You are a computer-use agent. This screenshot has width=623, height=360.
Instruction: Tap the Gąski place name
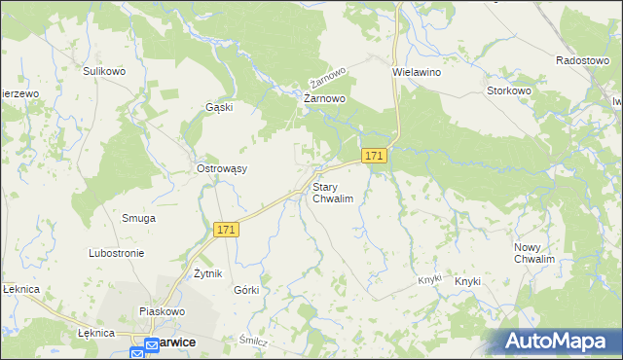(219, 107)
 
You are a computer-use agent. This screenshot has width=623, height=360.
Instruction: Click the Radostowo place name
(581, 59)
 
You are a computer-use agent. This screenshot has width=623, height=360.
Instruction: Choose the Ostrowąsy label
(222, 168)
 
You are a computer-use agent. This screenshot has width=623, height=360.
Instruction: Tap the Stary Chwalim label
(332, 192)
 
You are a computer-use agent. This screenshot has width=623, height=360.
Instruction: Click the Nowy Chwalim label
(534, 254)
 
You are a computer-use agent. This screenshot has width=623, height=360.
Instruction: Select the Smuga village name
(138, 218)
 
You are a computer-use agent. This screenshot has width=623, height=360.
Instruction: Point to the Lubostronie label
(117, 253)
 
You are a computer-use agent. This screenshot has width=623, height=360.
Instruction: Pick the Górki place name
(246, 290)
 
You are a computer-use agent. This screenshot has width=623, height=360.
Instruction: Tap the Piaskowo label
(162, 311)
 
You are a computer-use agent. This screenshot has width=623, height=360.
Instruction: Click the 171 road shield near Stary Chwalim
(375, 156)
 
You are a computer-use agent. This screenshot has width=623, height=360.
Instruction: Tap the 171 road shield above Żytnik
(226, 230)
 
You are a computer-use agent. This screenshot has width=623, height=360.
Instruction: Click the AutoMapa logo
(556, 342)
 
